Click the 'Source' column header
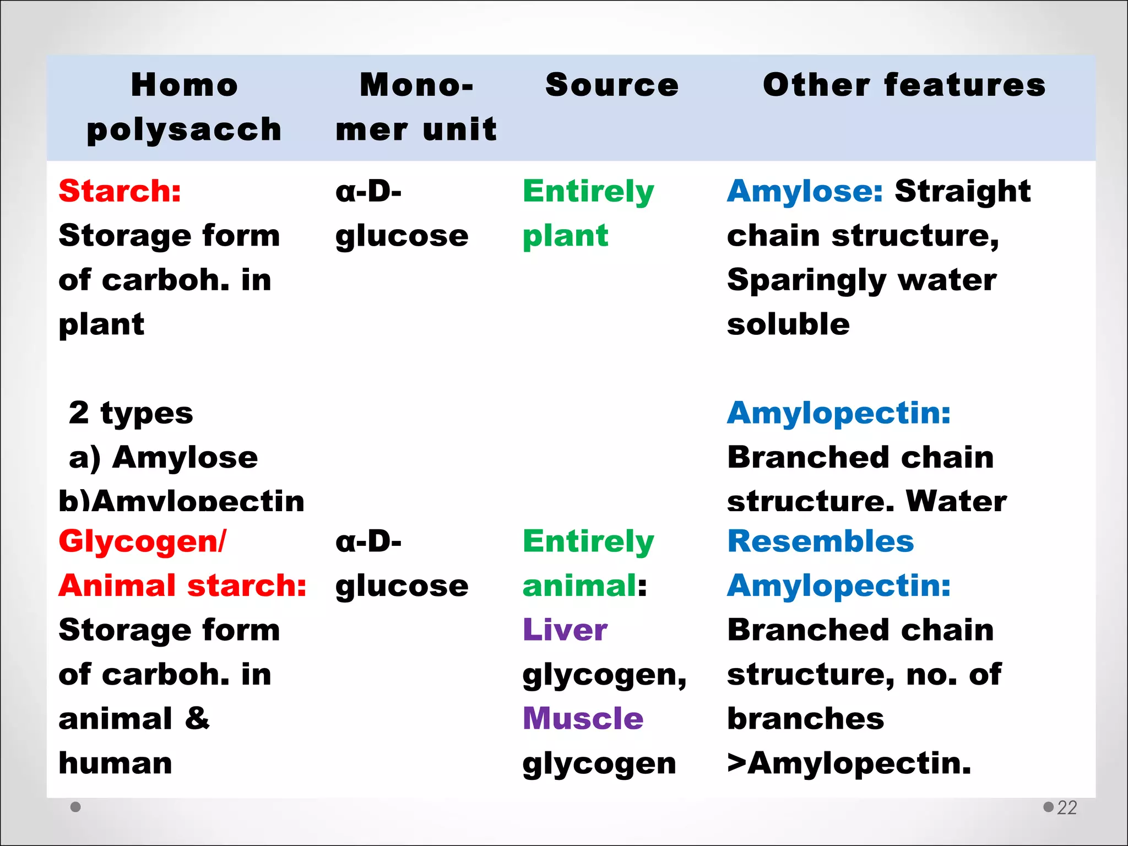pyautogui.click(x=611, y=85)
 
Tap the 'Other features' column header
pyautogui.click(x=904, y=85)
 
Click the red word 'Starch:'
pyautogui.click(x=120, y=191)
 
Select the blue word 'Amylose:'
pyautogui.click(x=805, y=191)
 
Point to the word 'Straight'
pyautogui.click(x=962, y=191)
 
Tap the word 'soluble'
pyautogui.click(x=788, y=324)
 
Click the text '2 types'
pyautogui.click(x=131, y=413)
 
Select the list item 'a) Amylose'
pyautogui.click(x=163, y=458)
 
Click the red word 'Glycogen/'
pyautogui.click(x=142, y=541)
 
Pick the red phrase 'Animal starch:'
pyautogui.click(x=182, y=585)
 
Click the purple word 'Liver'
pyautogui.click(x=565, y=630)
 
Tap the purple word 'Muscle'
pyautogui.click(x=583, y=719)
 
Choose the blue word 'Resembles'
pyautogui.click(x=820, y=541)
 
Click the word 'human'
pyautogui.click(x=116, y=763)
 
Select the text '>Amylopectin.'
pyautogui.click(x=849, y=763)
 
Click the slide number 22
pyautogui.click(x=1067, y=807)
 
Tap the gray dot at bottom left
pyautogui.click(x=76, y=807)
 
